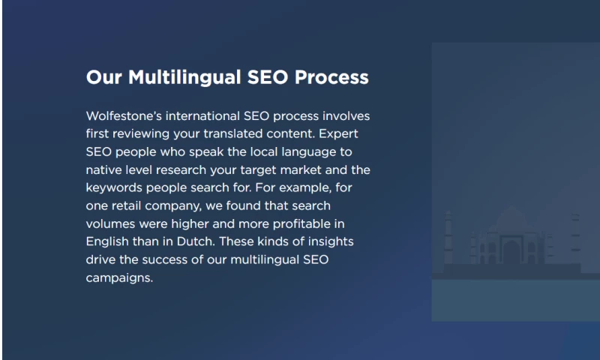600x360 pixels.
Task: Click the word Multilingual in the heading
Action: (184, 78)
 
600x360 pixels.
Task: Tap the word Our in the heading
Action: (104, 77)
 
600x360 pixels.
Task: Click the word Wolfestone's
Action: (124, 116)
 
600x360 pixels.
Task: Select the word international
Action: (202, 116)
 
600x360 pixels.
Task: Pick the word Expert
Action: (338, 135)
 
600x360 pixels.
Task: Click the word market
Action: (301, 169)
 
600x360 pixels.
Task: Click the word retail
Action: (126, 205)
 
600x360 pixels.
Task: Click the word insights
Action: (331, 242)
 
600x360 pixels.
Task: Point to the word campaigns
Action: (119, 278)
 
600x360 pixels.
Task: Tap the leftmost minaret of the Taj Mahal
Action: (448, 237)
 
